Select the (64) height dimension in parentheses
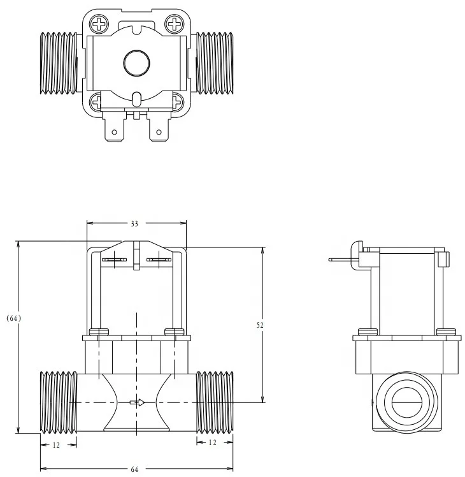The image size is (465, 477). [13, 318]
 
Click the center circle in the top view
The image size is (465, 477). [136, 62]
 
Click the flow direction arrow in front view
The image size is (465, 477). [137, 402]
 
